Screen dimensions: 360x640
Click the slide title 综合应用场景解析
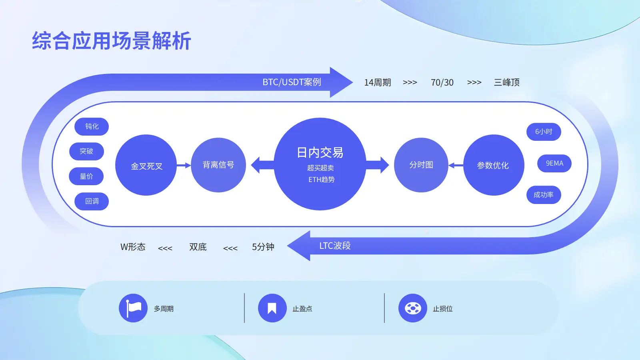coord(112,41)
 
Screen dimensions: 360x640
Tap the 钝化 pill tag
coord(92,126)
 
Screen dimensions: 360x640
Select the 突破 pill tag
coord(86,151)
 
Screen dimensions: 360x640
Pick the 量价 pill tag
coord(86,176)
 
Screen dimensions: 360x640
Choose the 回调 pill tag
coord(92,201)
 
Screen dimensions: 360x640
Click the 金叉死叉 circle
coord(146,165)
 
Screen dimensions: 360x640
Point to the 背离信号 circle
coord(218,165)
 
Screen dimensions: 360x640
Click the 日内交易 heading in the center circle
coord(320,152)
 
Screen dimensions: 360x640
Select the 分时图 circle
coord(421,165)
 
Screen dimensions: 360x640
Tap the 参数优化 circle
coord(494,165)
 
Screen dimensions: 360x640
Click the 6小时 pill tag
coord(544,132)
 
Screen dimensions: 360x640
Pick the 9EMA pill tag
coord(554,163)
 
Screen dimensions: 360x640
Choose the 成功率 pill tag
coord(544,195)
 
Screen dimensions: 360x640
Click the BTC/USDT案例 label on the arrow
coord(292,82)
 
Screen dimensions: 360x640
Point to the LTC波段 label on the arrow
coord(335,246)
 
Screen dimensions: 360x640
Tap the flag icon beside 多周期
coord(133,308)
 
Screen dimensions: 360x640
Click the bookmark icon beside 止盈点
coord(272,308)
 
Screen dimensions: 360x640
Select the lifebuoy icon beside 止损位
coord(413,308)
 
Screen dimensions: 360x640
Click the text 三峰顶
coord(506,82)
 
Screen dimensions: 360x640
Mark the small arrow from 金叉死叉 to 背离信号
coord(184,165)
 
